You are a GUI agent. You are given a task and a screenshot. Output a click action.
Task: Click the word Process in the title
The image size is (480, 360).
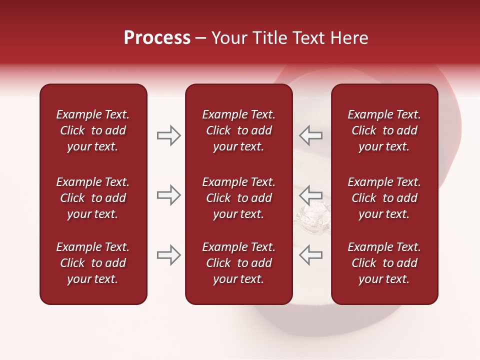[157, 38]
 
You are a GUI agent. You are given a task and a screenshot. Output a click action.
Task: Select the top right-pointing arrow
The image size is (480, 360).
[168, 135]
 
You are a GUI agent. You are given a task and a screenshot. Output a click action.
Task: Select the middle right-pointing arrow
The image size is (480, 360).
[168, 195]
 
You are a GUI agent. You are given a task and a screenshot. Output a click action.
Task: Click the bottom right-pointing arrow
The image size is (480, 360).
[168, 255]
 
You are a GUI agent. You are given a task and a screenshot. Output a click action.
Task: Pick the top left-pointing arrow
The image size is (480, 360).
[310, 135]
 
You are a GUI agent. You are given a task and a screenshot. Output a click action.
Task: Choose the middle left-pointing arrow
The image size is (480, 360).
[310, 195]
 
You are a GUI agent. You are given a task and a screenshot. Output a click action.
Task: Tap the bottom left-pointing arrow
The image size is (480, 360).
[310, 255]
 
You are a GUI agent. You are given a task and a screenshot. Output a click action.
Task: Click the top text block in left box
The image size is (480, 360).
[93, 130]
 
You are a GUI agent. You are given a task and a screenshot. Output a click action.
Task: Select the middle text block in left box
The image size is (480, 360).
[93, 198]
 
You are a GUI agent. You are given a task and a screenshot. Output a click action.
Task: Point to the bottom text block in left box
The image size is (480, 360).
[93, 263]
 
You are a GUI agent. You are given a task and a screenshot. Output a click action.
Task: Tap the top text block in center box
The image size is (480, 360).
[238, 130]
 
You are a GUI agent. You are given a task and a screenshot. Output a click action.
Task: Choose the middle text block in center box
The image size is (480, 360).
[238, 198]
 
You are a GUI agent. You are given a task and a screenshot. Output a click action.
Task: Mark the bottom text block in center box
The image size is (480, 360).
[238, 263]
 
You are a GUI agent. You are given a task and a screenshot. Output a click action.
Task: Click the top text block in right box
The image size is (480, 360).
[384, 130]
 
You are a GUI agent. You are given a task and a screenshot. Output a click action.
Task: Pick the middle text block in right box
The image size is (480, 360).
[384, 198]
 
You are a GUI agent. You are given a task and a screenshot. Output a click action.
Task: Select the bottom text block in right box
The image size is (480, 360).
[384, 263]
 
